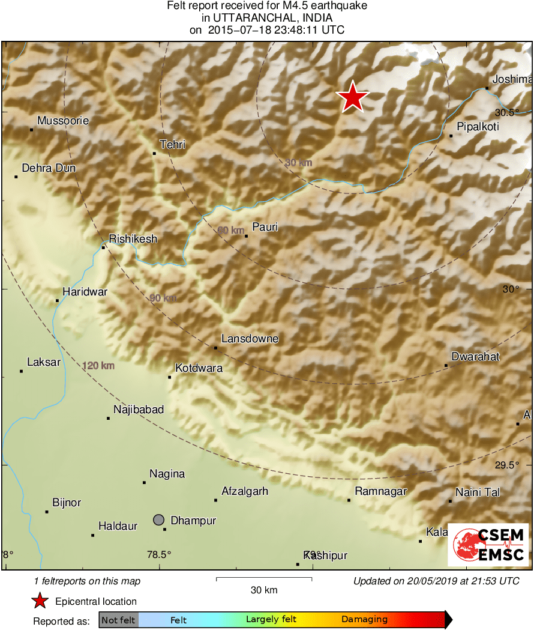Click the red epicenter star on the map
click(353, 97)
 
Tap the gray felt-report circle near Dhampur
click(158, 519)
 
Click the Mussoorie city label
click(62, 121)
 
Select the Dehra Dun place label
click(49, 168)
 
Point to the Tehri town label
click(172, 145)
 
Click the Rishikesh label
click(133, 239)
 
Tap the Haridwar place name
click(85, 292)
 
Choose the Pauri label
click(265, 227)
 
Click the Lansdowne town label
click(250, 339)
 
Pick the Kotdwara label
click(199, 368)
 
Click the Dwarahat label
click(475, 357)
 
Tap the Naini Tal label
click(477, 492)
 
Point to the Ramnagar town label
click(380, 491)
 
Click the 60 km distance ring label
click(230, 230)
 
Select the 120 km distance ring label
click(98, 365)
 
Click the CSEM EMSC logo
click(488, 545)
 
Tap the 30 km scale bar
click(263, 579)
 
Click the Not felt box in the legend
click(118, 620)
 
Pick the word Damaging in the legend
click(364, 620)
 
